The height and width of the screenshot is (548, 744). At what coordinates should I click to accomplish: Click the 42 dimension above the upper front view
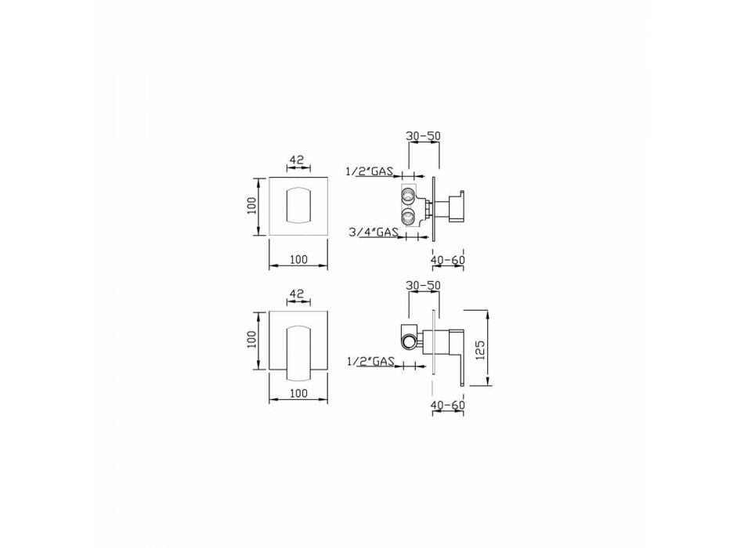tap(297, 160)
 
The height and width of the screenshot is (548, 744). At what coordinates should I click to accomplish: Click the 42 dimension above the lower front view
tap(297, 294)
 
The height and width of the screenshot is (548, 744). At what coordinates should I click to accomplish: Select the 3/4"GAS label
tap(374, 233)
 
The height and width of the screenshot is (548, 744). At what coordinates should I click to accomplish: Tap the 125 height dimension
tap(480, 350)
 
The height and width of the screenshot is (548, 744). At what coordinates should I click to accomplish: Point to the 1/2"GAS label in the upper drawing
tap(370, 171)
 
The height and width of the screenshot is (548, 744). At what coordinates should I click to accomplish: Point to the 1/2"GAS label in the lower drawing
tap(371, 362)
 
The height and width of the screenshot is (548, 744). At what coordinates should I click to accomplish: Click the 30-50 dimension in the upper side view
tap(423, 135)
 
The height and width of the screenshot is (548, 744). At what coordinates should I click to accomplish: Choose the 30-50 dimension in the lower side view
tap(423, 286)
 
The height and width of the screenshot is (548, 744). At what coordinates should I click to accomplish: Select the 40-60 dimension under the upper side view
tap(448, 260)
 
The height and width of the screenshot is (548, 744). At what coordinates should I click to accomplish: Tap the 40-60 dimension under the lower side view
tap(448, 406)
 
